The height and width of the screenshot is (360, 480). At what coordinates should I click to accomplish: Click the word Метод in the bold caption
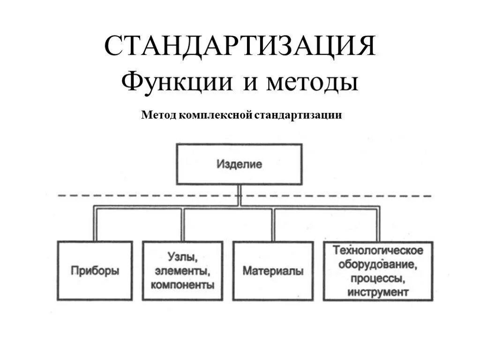coord(157,115)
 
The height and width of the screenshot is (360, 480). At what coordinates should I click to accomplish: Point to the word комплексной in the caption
coord(214,115)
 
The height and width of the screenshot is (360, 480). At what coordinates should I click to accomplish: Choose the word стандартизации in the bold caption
coord(298,115)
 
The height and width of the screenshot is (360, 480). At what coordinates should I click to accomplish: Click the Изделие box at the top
coord(239,164)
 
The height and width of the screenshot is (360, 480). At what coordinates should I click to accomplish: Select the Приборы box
coord(95,270)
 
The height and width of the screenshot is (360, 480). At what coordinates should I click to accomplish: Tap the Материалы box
coord(273,270)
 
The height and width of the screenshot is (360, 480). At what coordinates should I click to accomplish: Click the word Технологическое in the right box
coord(378,250)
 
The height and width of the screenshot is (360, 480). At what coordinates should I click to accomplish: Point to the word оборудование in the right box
coord(378,264)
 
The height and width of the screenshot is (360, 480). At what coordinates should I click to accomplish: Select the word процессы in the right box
coord(378,278)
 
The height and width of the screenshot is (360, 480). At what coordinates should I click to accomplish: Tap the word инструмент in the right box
coord(378,292)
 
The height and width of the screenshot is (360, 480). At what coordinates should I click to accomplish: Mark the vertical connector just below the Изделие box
coord(239,195)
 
